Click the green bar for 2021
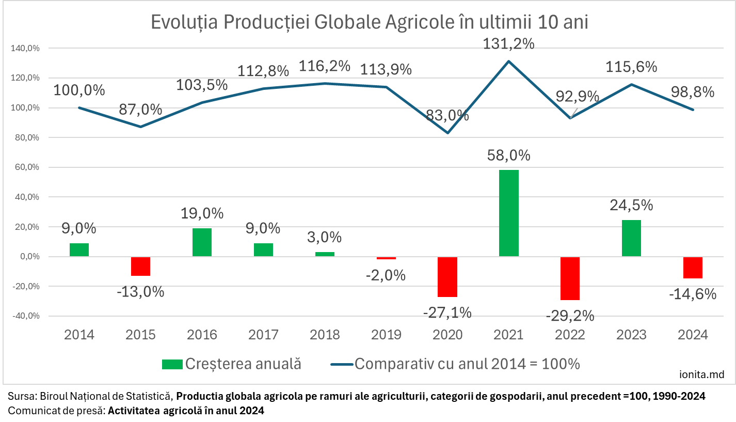509,213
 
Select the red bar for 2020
447,277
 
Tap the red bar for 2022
570,278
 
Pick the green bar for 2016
202,242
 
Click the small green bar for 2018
325,254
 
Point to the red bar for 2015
140,267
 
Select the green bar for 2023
631,238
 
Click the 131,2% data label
508,44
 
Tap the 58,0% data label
508,155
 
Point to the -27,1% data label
447,312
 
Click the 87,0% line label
140,110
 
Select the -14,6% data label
693,294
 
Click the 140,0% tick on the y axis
25,48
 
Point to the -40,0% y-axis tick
25,316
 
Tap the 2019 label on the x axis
386,335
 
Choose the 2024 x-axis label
693,335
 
